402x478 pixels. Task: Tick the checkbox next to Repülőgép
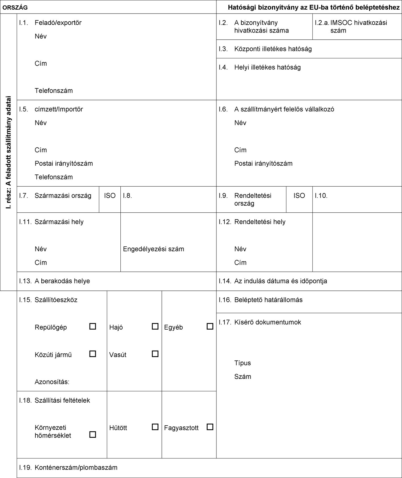coord(92,326)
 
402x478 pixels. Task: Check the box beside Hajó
coord(155,326)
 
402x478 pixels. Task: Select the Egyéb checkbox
coord(210,326)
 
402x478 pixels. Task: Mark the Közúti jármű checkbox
coord(92,354)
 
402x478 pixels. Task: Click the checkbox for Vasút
coord(155,354)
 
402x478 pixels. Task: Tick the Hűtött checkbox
coord(155,427)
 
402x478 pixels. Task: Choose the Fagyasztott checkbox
coord(210,427)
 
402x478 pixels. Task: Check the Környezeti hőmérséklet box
coord(92,434)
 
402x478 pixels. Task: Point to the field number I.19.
coord(25,468)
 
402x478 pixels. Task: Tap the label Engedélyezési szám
coord(154,249)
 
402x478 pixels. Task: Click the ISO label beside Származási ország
coord(110,196)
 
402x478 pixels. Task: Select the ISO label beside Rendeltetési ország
coord(299,196)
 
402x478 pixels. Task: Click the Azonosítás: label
coord(52,382)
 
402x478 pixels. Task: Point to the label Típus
coord(243,363)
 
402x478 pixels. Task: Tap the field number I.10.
coord(321,196)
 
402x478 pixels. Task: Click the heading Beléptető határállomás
coord(268,300)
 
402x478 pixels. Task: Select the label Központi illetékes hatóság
coord(273,49)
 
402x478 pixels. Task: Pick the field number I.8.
coord(127,196)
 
